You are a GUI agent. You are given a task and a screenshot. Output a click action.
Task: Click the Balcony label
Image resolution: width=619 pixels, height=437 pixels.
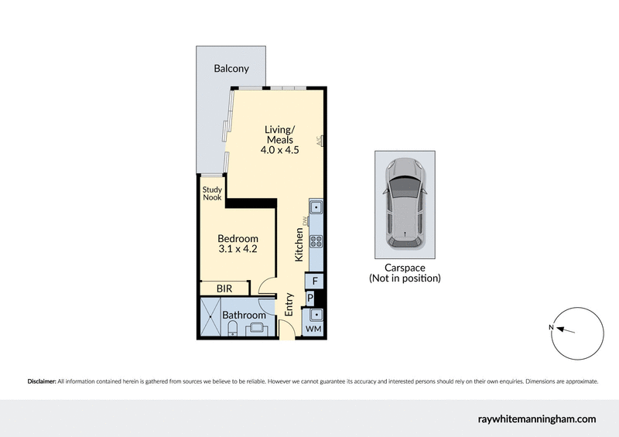coord(231,69)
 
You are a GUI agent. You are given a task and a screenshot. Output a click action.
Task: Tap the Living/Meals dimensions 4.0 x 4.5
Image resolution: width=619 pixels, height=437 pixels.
coord(279,151)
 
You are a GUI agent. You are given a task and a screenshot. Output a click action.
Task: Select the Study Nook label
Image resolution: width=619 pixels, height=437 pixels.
coord(212,193)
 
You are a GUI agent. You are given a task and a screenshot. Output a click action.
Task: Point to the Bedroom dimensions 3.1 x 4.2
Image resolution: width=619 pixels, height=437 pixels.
coord(238,250)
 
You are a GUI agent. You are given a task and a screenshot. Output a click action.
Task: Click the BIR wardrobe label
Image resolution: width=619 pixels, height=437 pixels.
coord(224,288)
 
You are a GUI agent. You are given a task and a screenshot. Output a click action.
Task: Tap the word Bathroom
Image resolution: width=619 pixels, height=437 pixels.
coord(244,316)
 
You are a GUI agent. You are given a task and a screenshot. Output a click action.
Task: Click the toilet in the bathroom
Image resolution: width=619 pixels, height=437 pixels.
coord(232,330)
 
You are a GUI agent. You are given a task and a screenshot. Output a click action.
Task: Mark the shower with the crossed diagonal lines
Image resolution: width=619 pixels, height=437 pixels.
coord(210,317)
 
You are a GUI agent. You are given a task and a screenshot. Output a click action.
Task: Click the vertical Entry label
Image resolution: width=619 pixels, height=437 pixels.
coord(289,304)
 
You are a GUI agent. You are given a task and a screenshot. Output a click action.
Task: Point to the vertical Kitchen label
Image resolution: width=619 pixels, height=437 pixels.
coord(298,243)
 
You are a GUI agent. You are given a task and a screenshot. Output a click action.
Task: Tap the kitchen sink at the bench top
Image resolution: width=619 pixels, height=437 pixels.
coord(316,207)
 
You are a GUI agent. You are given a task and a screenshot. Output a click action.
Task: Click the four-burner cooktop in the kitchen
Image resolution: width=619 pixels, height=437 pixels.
coord(316,241)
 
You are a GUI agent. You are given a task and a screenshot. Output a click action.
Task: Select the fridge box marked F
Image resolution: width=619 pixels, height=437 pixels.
coord(316,281)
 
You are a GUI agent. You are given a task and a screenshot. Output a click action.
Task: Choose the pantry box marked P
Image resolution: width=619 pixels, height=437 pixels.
coord(310,298)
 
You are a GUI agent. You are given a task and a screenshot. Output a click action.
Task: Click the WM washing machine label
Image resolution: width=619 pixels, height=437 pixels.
coord(313,330)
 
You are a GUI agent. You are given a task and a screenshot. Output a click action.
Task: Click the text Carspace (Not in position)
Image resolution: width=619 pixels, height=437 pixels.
coord(405,272)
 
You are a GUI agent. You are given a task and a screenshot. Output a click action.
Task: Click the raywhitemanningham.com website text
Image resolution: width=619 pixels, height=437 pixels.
coord(535,418)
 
